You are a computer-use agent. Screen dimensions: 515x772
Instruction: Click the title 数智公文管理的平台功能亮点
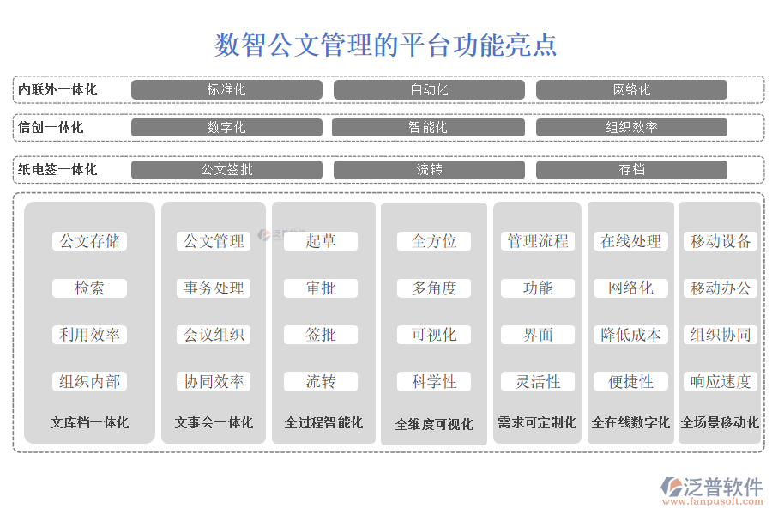click(385, 45)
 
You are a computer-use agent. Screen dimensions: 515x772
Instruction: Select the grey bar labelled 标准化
click(226, 89)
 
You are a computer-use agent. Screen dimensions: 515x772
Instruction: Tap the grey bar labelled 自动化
click(429, 89)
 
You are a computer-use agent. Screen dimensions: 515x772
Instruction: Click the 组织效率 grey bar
click(631, 127)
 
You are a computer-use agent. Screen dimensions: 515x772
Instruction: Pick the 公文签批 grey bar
click(226, 169)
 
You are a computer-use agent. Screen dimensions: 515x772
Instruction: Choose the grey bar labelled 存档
click(631, 169)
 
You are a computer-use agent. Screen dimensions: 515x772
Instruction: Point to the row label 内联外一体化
click(57, 89)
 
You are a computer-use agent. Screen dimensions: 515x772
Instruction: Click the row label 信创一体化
click(51, 127)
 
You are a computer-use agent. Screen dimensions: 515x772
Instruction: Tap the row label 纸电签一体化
click(57, 169)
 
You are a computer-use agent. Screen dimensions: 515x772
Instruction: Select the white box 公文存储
click(89, 241)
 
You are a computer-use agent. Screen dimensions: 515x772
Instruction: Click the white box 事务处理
click(214, 288)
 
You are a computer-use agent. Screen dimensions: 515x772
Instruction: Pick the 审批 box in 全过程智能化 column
click(321, 288)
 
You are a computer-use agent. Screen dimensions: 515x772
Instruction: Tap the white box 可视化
click(434, 335)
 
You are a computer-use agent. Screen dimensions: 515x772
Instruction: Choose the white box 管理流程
click(538, 241)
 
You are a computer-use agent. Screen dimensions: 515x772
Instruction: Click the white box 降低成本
click(630, 335)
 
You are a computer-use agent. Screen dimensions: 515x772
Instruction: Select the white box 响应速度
click(721, 381)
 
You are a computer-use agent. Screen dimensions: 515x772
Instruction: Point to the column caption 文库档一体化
click(89, 422)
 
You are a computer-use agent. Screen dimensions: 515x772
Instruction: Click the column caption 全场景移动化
click(720, 422)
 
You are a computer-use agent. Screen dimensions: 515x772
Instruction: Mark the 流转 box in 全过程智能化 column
click(321, 381)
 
